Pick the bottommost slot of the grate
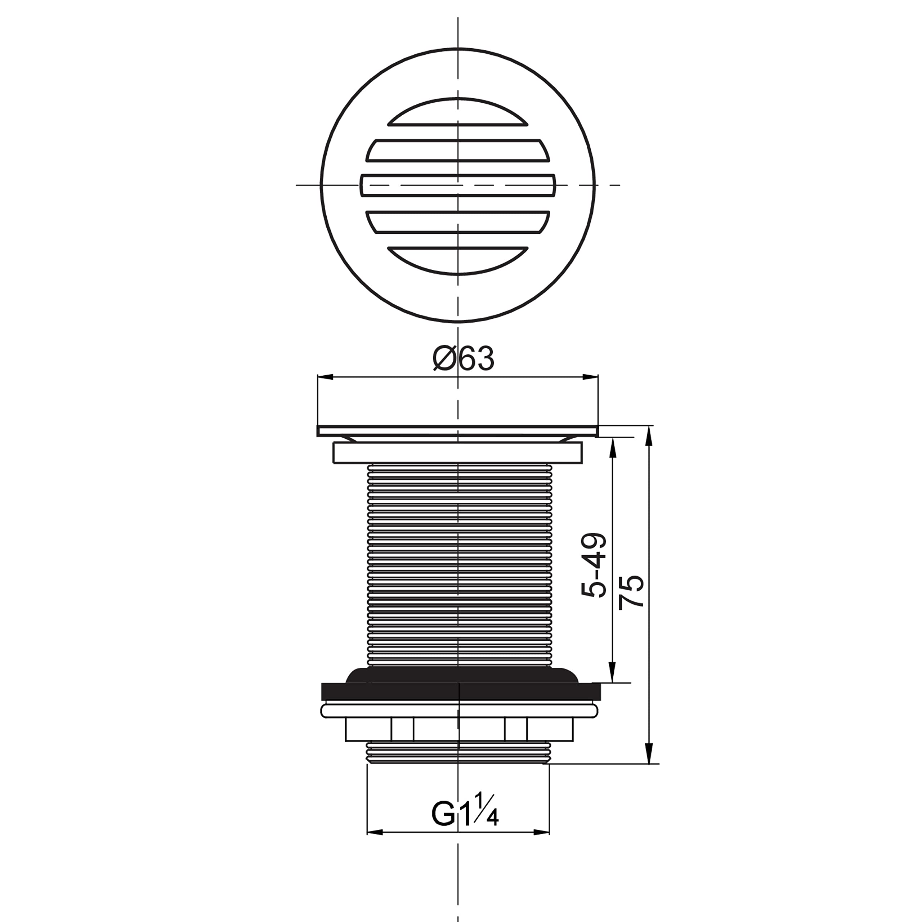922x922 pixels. (x=458, y=260)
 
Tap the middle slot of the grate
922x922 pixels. (x=458, y=185)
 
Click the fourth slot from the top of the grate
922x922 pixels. (x=458, y=222)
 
